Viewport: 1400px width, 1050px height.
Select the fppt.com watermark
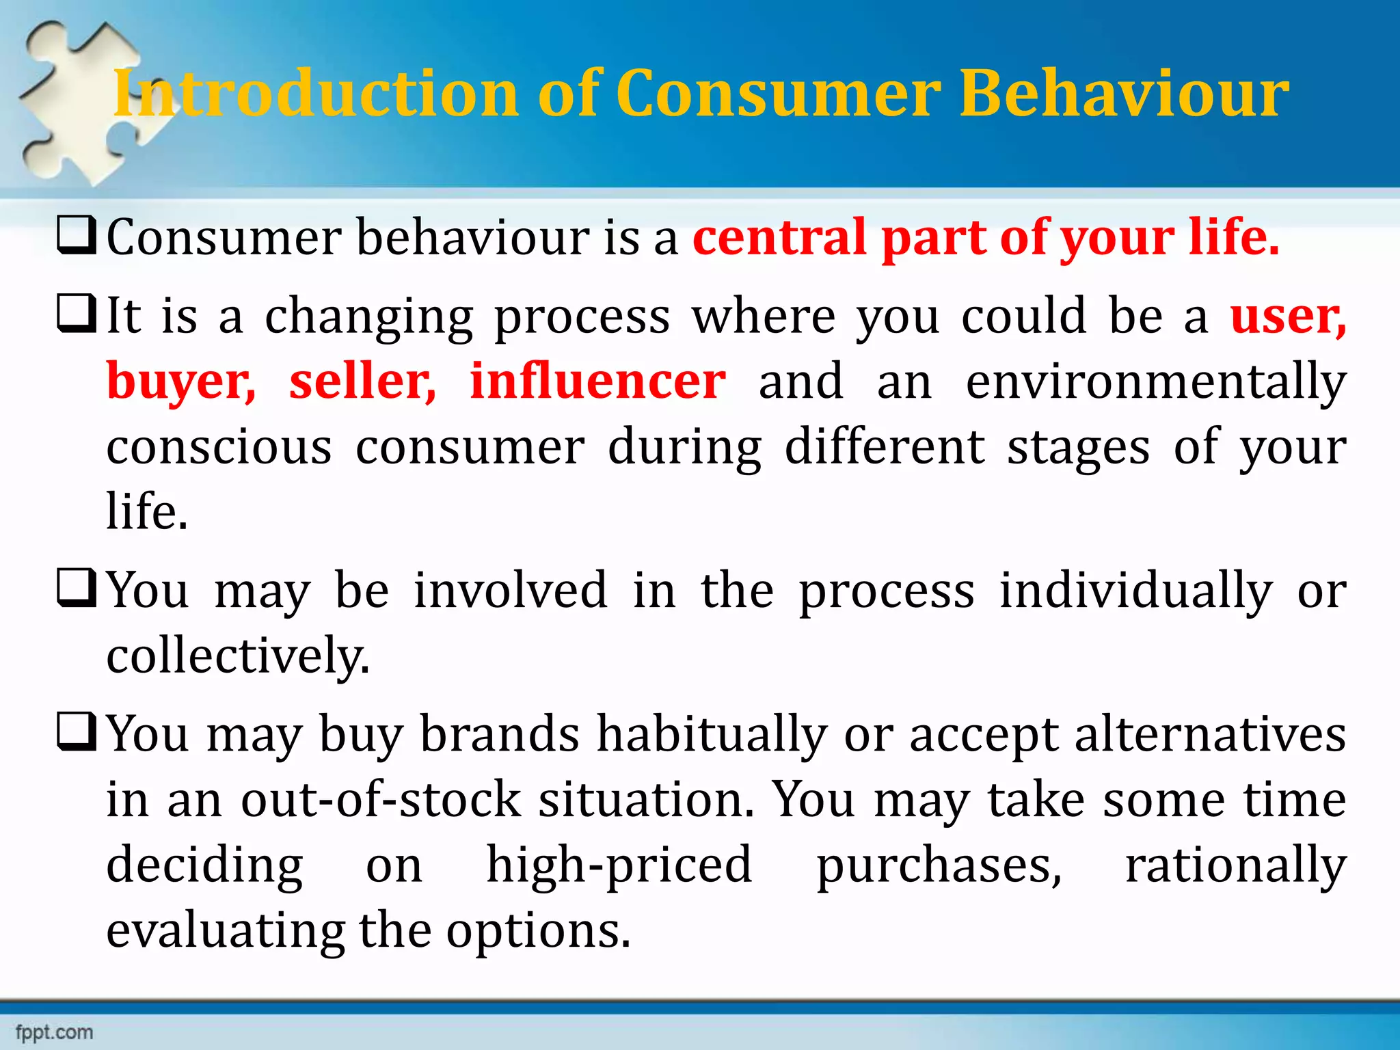pyautogui.click(x=54, y=1032)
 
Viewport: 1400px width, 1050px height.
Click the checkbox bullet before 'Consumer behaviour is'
pyautogui.click(x=76, y=235)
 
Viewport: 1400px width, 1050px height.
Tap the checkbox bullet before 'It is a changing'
pyautogui.click(x=76, y=314)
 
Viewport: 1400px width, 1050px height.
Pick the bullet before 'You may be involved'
pyautogui.click(x=76, y=589)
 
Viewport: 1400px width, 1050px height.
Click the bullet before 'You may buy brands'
pyautogui.click(x=76, y=732)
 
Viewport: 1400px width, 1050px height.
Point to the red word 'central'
pyautogui.click(x=779, y=237)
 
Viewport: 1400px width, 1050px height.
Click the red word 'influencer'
pyautogui.click(x=597, y=381)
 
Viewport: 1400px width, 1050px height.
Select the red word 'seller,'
pyautogui.click(x=362, y=381)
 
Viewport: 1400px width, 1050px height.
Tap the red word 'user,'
pyautogui.click(x=1288, y=316)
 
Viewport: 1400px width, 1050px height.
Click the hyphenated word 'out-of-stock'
pyautogui.click(x=381, y=799)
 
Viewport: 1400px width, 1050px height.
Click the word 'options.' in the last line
pyautogui.click(x=538, y=932)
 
